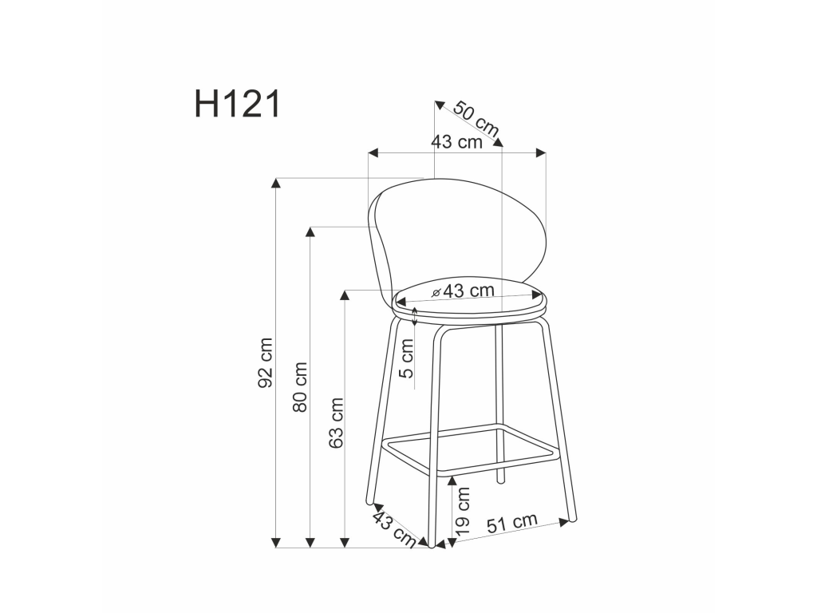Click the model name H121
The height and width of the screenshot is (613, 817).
[x=238, y=104]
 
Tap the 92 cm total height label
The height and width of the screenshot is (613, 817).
[x=266, y=363]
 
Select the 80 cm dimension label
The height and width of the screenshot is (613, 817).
[x=300, y=387]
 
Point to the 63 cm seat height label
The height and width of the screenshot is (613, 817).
[x=336, y=423]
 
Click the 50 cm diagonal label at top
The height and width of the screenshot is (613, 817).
[x=476, y=120]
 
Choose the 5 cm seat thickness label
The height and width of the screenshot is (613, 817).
[x=406, y=358]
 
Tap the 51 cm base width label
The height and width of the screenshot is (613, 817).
[x=512, y=524]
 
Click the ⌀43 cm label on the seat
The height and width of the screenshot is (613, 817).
[x=464, y=291]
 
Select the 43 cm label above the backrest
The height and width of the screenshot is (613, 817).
[x=457, y=142]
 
